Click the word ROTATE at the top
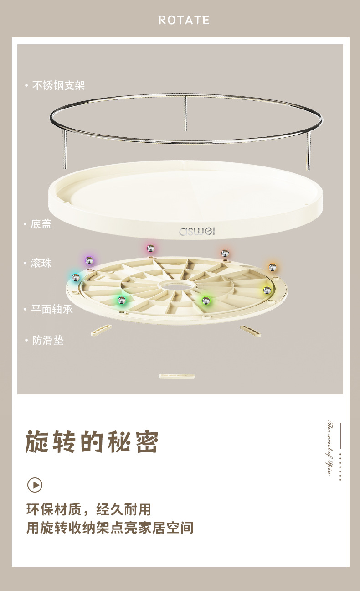point(184,20)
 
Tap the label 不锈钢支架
point(58,85)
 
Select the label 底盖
point(41,224)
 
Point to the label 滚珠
point(41,263)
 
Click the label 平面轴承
point(51,309)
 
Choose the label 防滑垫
point(47,340)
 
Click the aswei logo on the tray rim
point(196,231)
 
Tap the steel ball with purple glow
point(89,260)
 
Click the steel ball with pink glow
point(150,249)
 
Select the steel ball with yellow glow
point(267,290)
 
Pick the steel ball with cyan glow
point(76,277)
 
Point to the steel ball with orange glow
point(272,267)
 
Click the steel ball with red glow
point(224,253)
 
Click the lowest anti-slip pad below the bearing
point(177,377)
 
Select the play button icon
point(35,484)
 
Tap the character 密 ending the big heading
point(147,441)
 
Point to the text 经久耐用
point(127,509)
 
